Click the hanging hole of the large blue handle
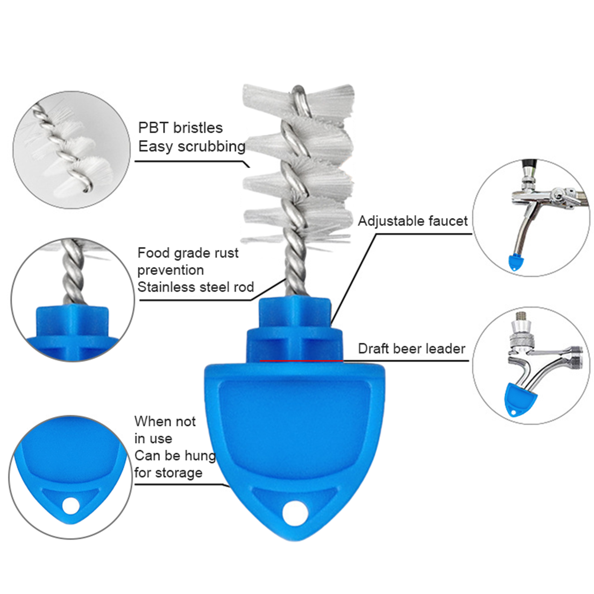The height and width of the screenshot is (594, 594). coord(295,513)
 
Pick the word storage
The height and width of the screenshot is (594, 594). coord(179,473)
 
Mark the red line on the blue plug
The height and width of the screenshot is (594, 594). coord(301,360)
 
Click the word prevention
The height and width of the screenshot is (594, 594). coord(170,270)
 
